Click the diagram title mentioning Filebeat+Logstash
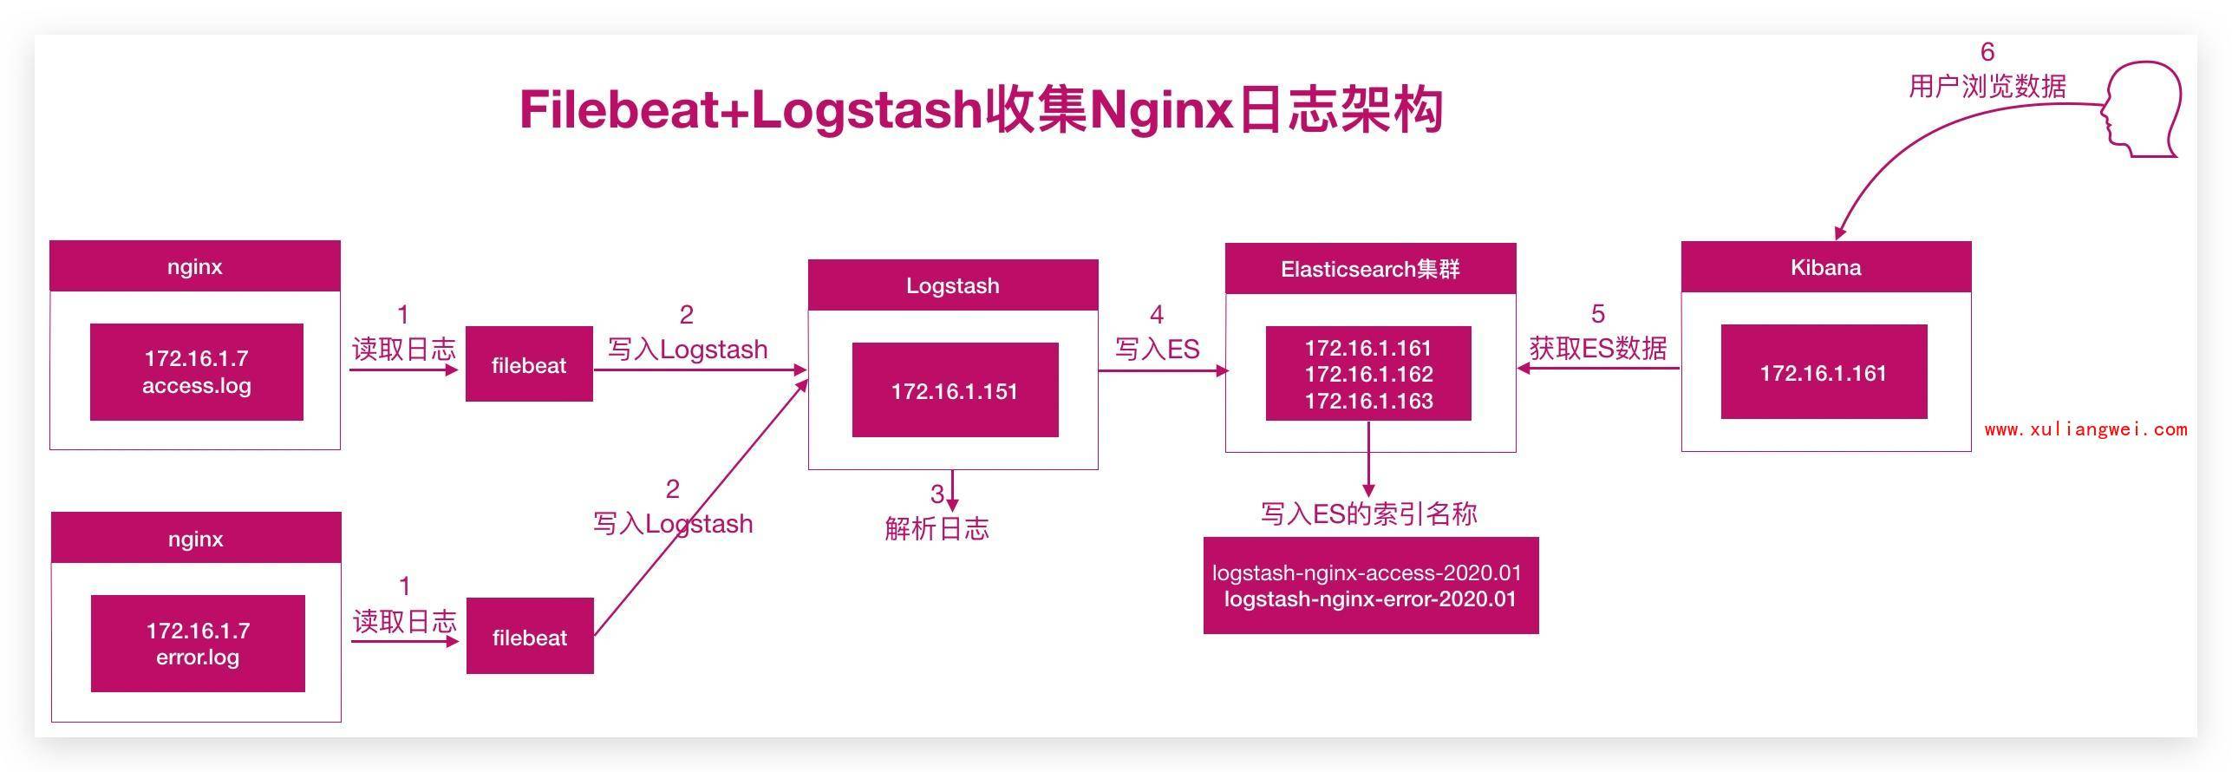click(980, 111)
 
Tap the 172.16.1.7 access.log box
click(197, 372)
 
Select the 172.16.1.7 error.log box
click(198, 644)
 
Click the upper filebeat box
click(529, 364)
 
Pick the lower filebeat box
click(530, 636)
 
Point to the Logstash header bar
click(953, 285)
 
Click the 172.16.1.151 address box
click(955, 390)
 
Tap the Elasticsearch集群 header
click(1370, 269)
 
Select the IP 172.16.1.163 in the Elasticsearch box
click(1368, 402)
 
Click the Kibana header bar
click(1825, 267)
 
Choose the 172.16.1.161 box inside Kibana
click(1824, 373)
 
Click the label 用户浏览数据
click(1987, 86)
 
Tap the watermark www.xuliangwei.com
click(2085, 429)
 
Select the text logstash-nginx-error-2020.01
click(1370, 599)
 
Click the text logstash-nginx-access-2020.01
click(1367, 572)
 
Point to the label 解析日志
click(937, 528)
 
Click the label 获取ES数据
click(1597, 348)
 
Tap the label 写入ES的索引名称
click(1368, 514)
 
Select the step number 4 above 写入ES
click(1157, 314)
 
